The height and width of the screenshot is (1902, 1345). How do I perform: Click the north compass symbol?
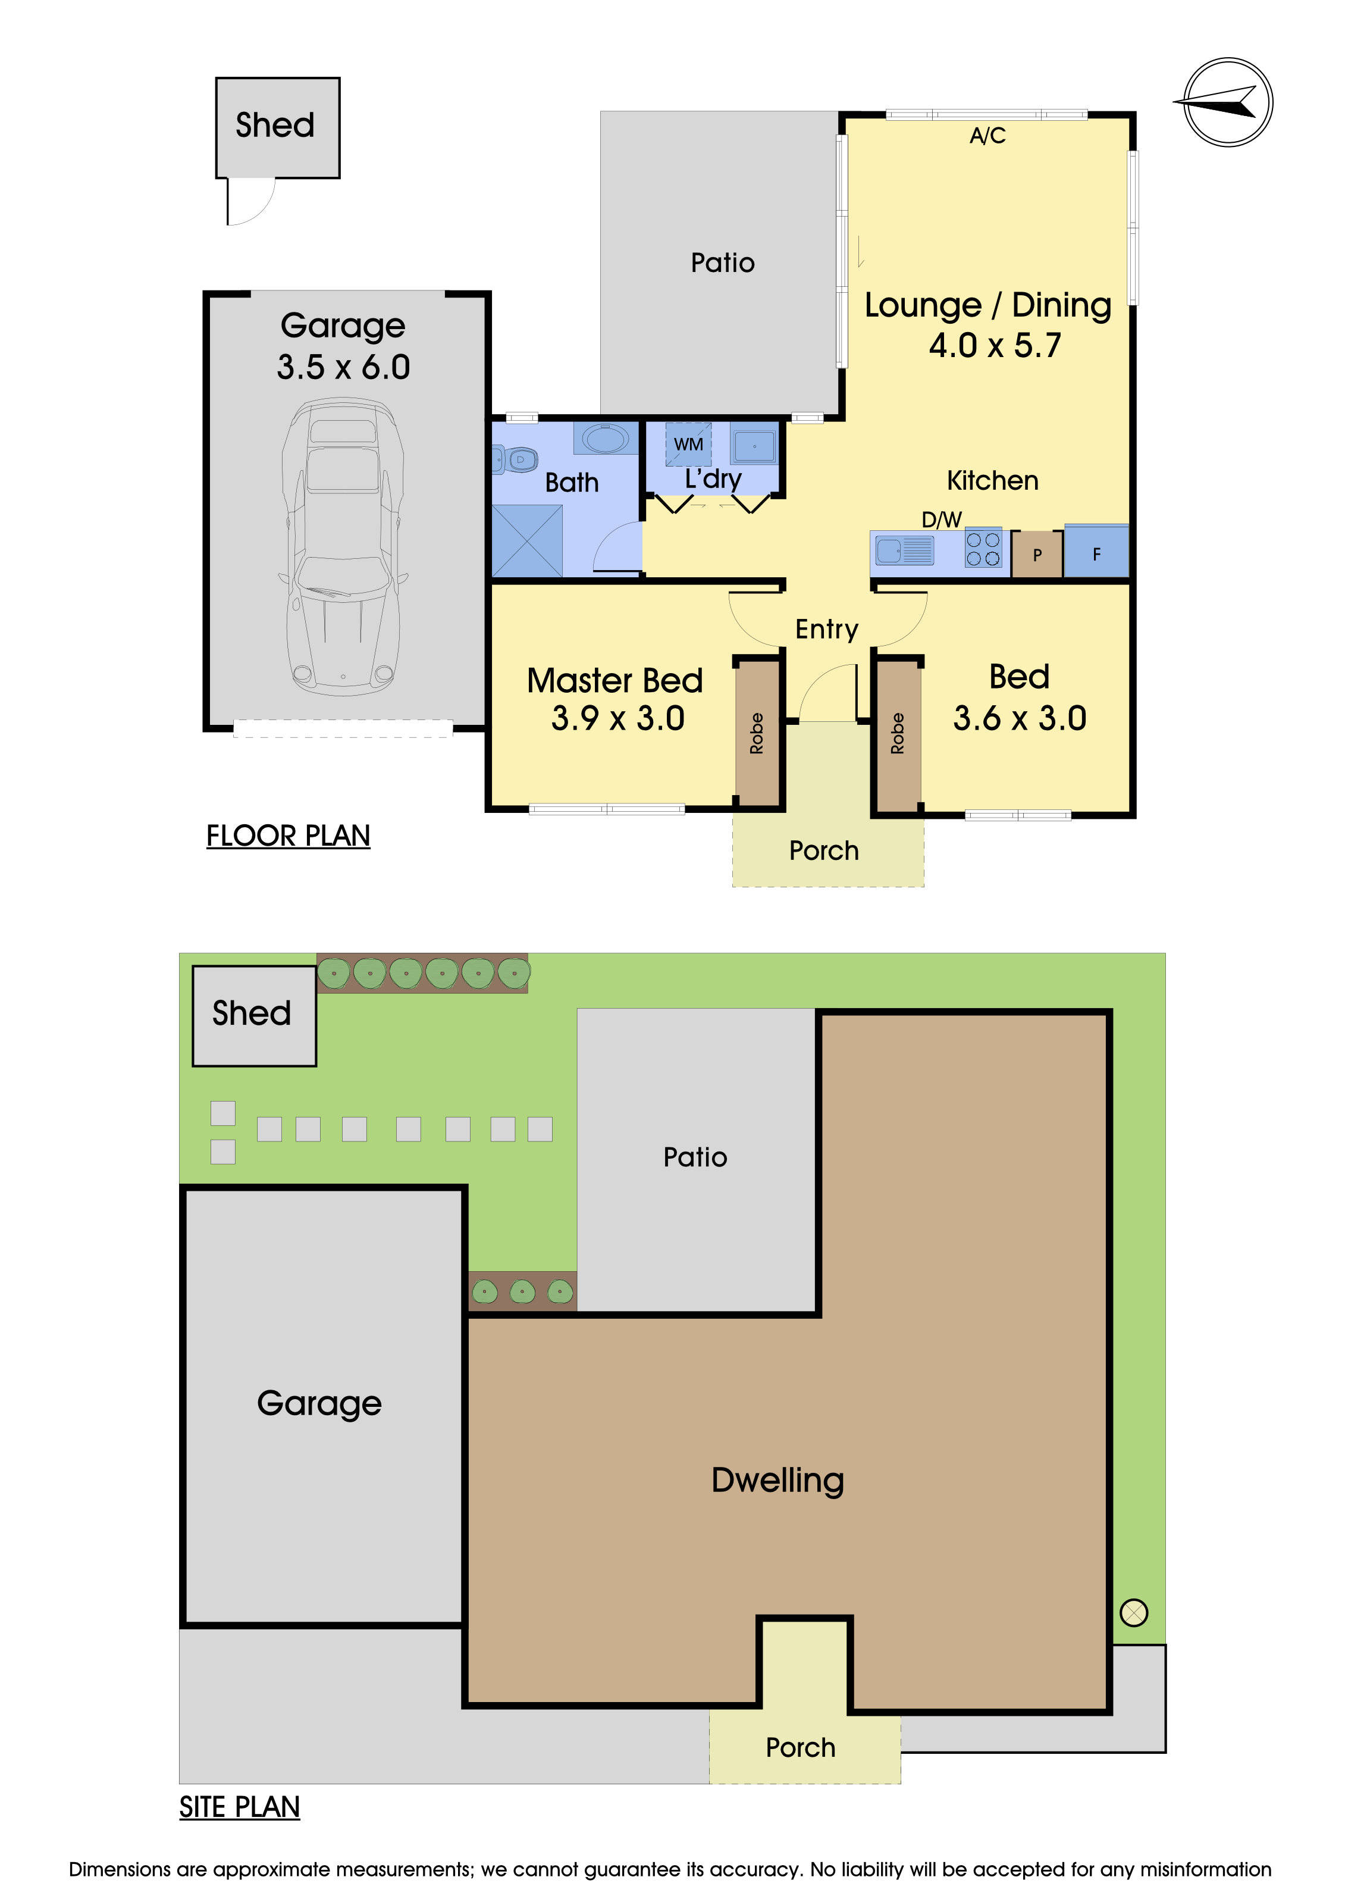(x=1227, y=103)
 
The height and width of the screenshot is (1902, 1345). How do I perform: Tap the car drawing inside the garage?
(x=343, y=547)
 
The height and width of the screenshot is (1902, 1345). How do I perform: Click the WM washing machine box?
(x=688, y=444)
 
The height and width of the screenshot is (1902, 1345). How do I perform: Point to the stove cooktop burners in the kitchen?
(x=983, y=548)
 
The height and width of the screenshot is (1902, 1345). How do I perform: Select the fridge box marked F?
(x=1096, y=552)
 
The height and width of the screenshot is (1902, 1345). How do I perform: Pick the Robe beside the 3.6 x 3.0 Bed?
(x=897, y=733)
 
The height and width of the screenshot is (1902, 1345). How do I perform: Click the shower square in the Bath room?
(x=526, y=541)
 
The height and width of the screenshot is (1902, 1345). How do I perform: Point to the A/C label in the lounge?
(x=987, y=136)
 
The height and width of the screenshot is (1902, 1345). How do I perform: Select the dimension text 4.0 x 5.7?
(x=995, y=345)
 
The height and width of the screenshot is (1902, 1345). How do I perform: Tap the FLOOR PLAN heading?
(x=287, y=836)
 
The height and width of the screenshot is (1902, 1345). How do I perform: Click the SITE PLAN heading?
(x=239, y=1806)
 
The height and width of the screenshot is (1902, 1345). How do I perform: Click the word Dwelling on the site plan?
(x=777, y=1479)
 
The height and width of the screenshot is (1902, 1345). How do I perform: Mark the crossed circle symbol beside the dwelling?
(x=1133, y=1612)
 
